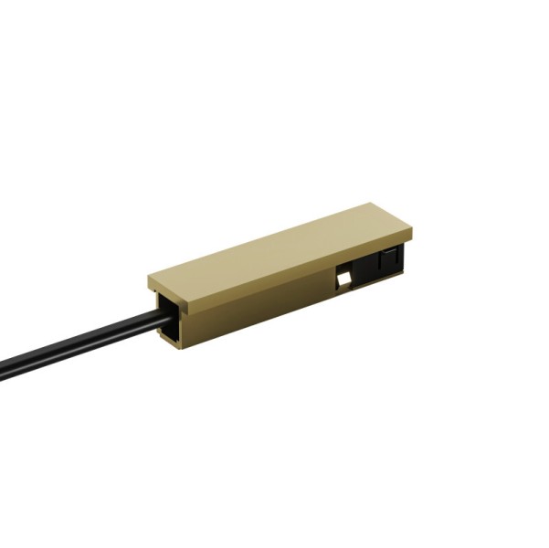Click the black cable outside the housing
pos(82,342)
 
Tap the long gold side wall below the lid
pos(256,306)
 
